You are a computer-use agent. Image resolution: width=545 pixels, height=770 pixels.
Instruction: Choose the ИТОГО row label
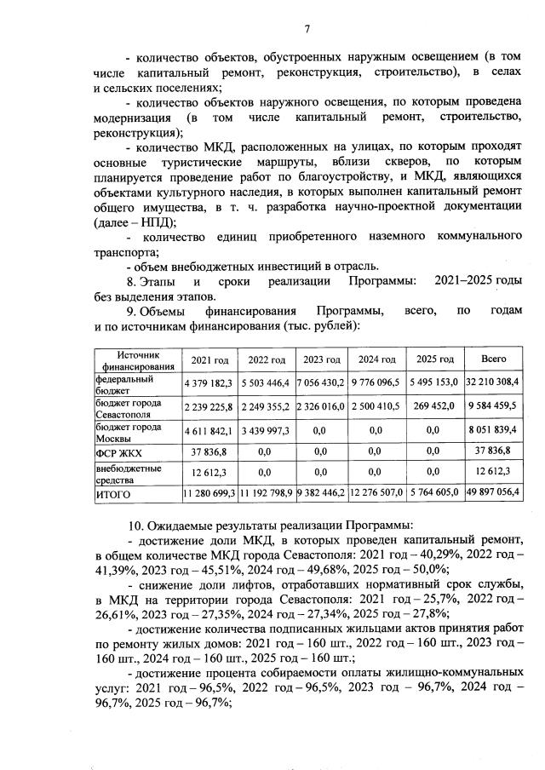coord(113,492)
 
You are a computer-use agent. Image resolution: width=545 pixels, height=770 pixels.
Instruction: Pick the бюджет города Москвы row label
coord(129,431)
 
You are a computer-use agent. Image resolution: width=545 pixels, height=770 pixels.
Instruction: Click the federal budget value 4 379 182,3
coord(209,384)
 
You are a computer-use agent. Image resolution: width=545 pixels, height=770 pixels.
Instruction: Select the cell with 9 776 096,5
coord(376,384)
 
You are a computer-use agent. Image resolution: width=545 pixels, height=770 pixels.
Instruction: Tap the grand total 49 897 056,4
coord(494,492)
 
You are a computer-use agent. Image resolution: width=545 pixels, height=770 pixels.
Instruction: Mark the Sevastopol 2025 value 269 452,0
coord(434,407)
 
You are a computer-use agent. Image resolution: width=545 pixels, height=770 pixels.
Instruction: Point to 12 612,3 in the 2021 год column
coord(209,472)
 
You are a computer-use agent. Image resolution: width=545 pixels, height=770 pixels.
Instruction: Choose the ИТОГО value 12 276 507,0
coord(376,492)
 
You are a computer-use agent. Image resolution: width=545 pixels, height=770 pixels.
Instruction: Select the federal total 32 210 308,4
coord(494,384)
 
